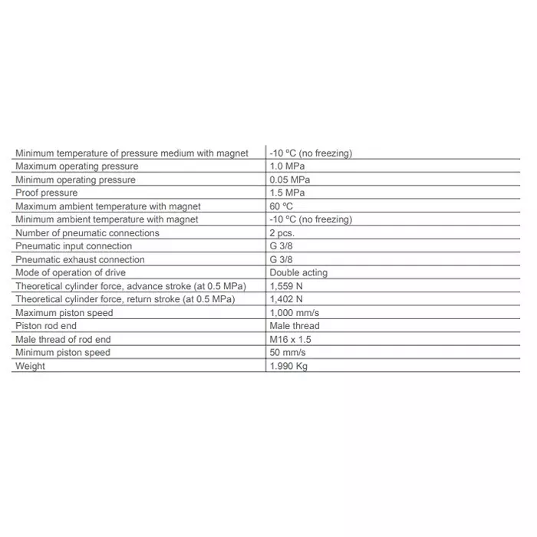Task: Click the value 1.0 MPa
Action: (287, 166)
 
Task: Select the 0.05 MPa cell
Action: (290, 180)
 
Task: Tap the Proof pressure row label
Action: (47, 193)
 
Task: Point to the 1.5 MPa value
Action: (287, 193)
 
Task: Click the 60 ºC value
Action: (282, 206)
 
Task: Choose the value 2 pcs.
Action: (282, 232)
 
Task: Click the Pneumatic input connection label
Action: (74, 246)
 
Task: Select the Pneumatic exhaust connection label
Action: (80, 259)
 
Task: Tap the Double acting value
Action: (298, 272)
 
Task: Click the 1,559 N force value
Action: (286, 286)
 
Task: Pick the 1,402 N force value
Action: (286, 299)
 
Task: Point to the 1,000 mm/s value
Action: (294, 313)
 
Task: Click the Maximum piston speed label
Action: (64, 313)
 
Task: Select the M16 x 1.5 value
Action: (291, 339)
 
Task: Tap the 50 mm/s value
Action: (288, 353)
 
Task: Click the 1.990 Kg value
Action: (288, 366)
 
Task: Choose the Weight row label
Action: (30, 366)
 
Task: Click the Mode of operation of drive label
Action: (71, 272)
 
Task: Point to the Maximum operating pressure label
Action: (77, 166)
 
